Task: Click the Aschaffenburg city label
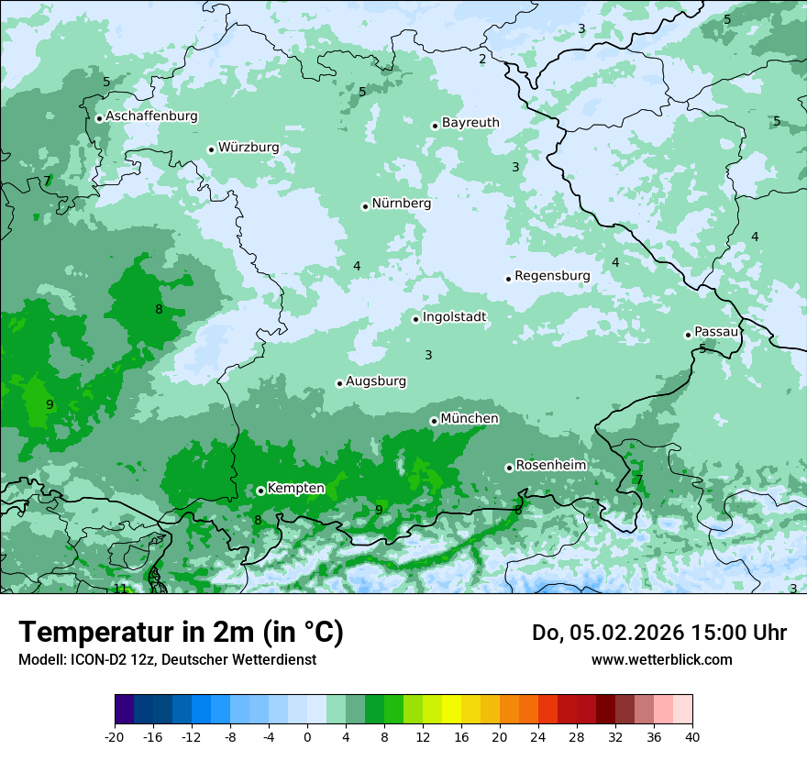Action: tap(151, 116)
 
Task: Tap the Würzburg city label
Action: tap(249, 148)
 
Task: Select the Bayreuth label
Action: tap(470, 123)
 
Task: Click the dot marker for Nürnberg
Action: tap(365, 206)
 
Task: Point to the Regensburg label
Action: tap(552, 276)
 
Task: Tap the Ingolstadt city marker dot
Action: tap(415, 319)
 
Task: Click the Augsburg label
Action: tap(376, 381)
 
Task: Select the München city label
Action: tap(470, 419)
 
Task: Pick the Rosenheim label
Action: tap(550, 466)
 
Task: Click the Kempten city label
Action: tap(295, 489)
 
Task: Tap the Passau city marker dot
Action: tap(688, 335)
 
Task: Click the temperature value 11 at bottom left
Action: tap(120, 589)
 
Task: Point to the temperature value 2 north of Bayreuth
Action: tap(482, 60)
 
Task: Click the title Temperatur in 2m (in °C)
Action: tap(182, 633)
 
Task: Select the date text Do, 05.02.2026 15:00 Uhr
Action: tap(658, 633)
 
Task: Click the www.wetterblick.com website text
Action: tap(661, 659)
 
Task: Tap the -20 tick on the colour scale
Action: tap(115, 736)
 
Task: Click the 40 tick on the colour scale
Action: tap(691, 736)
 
